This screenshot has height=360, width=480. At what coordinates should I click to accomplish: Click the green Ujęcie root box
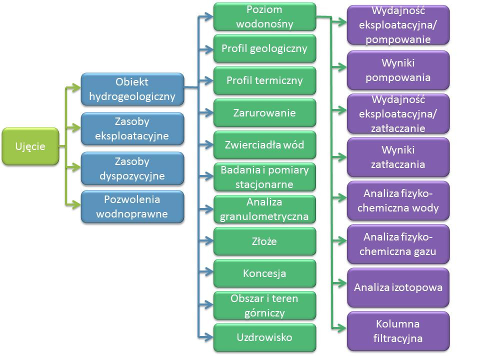[x=30, y=146]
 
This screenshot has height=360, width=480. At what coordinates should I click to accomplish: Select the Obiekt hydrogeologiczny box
[x=132, y=89]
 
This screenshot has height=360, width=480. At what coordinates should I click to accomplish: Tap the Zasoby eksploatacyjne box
[x=132, y=128]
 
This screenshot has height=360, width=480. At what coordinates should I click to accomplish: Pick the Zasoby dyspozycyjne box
[x=132, y=168]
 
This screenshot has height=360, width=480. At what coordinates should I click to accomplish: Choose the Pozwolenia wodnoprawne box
[x=132, y=207]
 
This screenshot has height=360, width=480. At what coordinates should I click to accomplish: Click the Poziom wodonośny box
[x=264, y=16]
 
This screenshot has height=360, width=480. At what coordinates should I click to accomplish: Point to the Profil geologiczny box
[x=264, y=48]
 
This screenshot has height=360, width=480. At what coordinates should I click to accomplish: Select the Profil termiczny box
[x=264, y=80]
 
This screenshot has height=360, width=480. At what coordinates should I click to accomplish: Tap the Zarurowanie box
[x=264, y=112]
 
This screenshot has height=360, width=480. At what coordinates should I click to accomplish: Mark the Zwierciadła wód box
[x=264, y=145]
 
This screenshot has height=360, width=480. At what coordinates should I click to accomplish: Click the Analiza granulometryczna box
[x=264, y=209]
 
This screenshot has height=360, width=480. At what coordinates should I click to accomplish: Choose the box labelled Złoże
[x=264, y=241]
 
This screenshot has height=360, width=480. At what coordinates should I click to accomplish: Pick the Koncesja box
[x=264, y=273]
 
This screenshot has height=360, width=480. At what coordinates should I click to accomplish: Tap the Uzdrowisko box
[x=264, y=337]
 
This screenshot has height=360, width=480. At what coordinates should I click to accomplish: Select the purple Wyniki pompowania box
[x=398, y=70]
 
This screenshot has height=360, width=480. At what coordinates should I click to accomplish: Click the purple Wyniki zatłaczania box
[x=398, y=157]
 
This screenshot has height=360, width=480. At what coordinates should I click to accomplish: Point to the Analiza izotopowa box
[x=398, y=287]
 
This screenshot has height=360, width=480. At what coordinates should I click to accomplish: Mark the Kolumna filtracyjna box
[x=398, y=331]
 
